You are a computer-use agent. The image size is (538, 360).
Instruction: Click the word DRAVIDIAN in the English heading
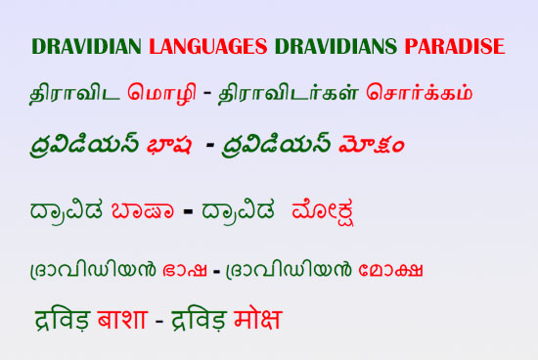87,46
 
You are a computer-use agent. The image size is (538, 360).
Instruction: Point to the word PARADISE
455,46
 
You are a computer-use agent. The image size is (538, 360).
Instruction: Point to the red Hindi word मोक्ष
250,319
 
